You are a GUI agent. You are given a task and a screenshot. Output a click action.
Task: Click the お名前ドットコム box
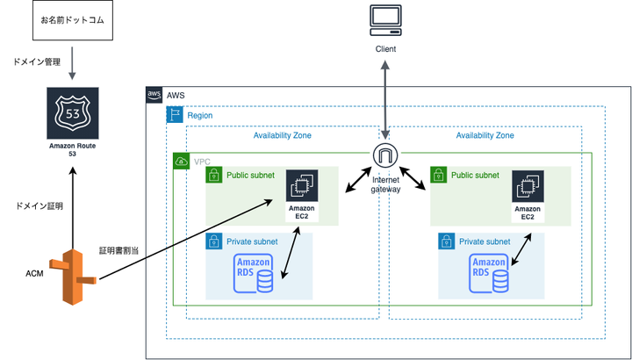coord(71,19)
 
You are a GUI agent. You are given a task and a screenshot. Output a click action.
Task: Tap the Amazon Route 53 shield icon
coord(73,110)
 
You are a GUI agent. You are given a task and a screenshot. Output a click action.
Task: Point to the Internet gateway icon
coord(385,155)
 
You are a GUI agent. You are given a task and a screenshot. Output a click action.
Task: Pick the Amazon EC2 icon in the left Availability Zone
coord(301,185)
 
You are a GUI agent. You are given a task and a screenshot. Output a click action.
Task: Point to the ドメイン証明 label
coord(39,205)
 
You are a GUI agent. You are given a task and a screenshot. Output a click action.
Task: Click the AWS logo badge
coord(154,95)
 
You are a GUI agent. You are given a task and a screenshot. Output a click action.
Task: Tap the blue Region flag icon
coord(175,115)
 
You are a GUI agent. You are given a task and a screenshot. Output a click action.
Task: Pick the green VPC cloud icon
coord(182,161)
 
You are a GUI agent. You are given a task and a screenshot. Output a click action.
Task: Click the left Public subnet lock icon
coord(214,176)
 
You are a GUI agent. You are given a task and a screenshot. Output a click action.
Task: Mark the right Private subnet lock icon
coord(447,241)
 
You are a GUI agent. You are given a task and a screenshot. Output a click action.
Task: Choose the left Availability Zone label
coord(282,135)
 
